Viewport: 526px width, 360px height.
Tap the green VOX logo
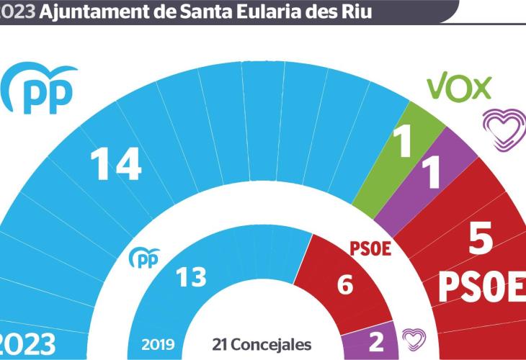459,87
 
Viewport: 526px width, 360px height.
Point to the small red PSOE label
370,249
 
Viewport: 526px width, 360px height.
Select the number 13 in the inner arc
192,277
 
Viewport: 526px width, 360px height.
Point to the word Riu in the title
357,12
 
